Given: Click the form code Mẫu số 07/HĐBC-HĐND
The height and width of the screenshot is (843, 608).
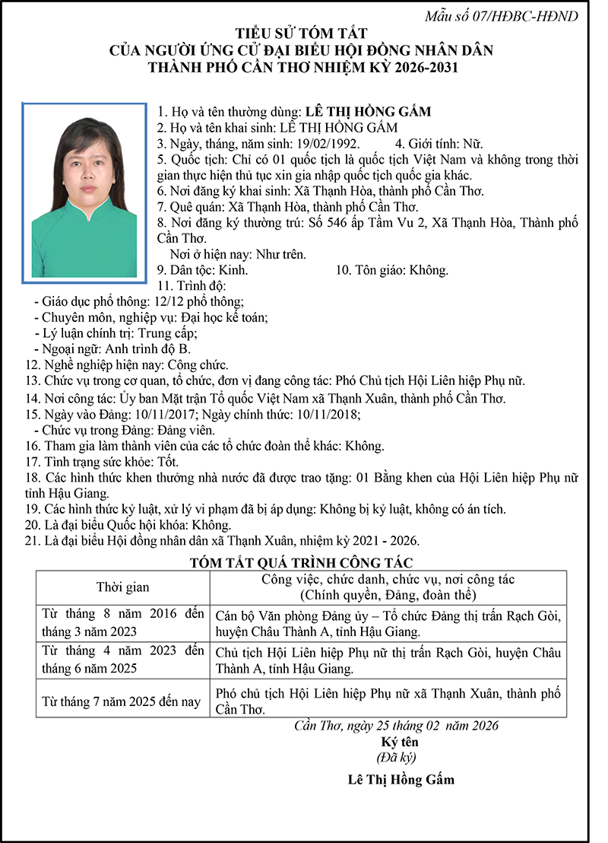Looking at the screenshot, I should point(524,16).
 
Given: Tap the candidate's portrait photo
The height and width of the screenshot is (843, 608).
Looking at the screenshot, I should point(84,191).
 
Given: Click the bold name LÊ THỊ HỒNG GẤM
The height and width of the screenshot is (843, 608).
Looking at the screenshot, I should point(367,111).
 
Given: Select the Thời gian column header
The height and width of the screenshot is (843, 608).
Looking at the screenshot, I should point(122,587).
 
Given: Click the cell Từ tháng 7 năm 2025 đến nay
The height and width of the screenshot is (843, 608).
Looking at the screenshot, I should point(122,701).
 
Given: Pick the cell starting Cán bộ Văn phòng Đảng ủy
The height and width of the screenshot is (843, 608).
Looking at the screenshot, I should point(388,623).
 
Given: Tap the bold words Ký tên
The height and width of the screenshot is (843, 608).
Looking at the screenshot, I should point(400,741).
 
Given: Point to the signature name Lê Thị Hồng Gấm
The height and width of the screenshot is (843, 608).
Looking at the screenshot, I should point(401,780).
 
